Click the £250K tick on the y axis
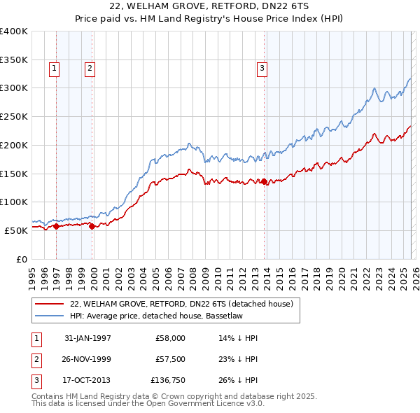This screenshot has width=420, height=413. point(14,116)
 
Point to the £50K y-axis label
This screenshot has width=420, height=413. point(16,230)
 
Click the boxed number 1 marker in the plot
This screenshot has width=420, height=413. point(55,69)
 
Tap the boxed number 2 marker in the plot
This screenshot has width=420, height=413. point(90,69)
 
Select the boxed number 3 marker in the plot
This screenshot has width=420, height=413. point(262,69)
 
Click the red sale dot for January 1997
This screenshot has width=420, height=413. point(57,225)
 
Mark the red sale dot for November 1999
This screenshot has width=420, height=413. point(92,226)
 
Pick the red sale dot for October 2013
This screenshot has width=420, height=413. point(264,181)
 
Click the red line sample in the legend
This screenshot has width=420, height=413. point(49,304)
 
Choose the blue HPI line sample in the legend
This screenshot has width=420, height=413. point(49,316)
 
